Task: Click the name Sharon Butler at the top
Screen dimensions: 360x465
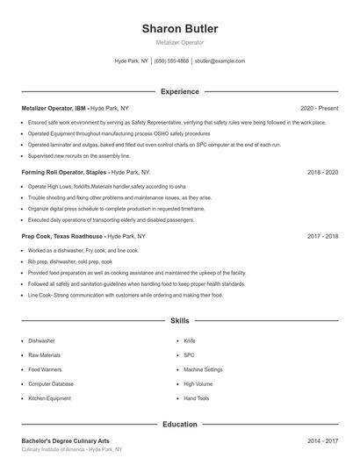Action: pyautogui.click(x=180, y=29)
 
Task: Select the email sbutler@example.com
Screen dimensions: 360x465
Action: pyautogui.click(x=220, y=61)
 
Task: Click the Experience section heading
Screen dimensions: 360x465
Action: pyautogui.click(x=180, y=91)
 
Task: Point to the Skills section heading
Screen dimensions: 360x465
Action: pyautogui.click(x=180, y=321)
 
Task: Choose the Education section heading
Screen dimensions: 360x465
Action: pyautogui.click(x=180, y=425)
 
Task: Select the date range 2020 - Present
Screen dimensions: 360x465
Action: pyautogui.click(x=319, y=108)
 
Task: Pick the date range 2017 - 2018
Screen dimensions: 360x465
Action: pyautogui.click(x=322, y=237)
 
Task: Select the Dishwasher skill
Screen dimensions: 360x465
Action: pyautogui.click(x=41, y=340)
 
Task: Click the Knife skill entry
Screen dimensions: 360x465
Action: pyautogui.click(x=190, y=340)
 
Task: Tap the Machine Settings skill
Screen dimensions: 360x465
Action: pyautogui.click(x=204, y=369)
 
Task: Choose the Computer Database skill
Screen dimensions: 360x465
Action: pyautogui.click(x=51, y=384)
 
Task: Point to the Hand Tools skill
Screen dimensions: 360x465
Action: pyautogui.click(x=197, y=399)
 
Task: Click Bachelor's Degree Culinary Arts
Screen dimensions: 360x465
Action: pyautogui.click(x=66, y=440)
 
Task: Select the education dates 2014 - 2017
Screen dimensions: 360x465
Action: pyautogui.click(x=322, y=440)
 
